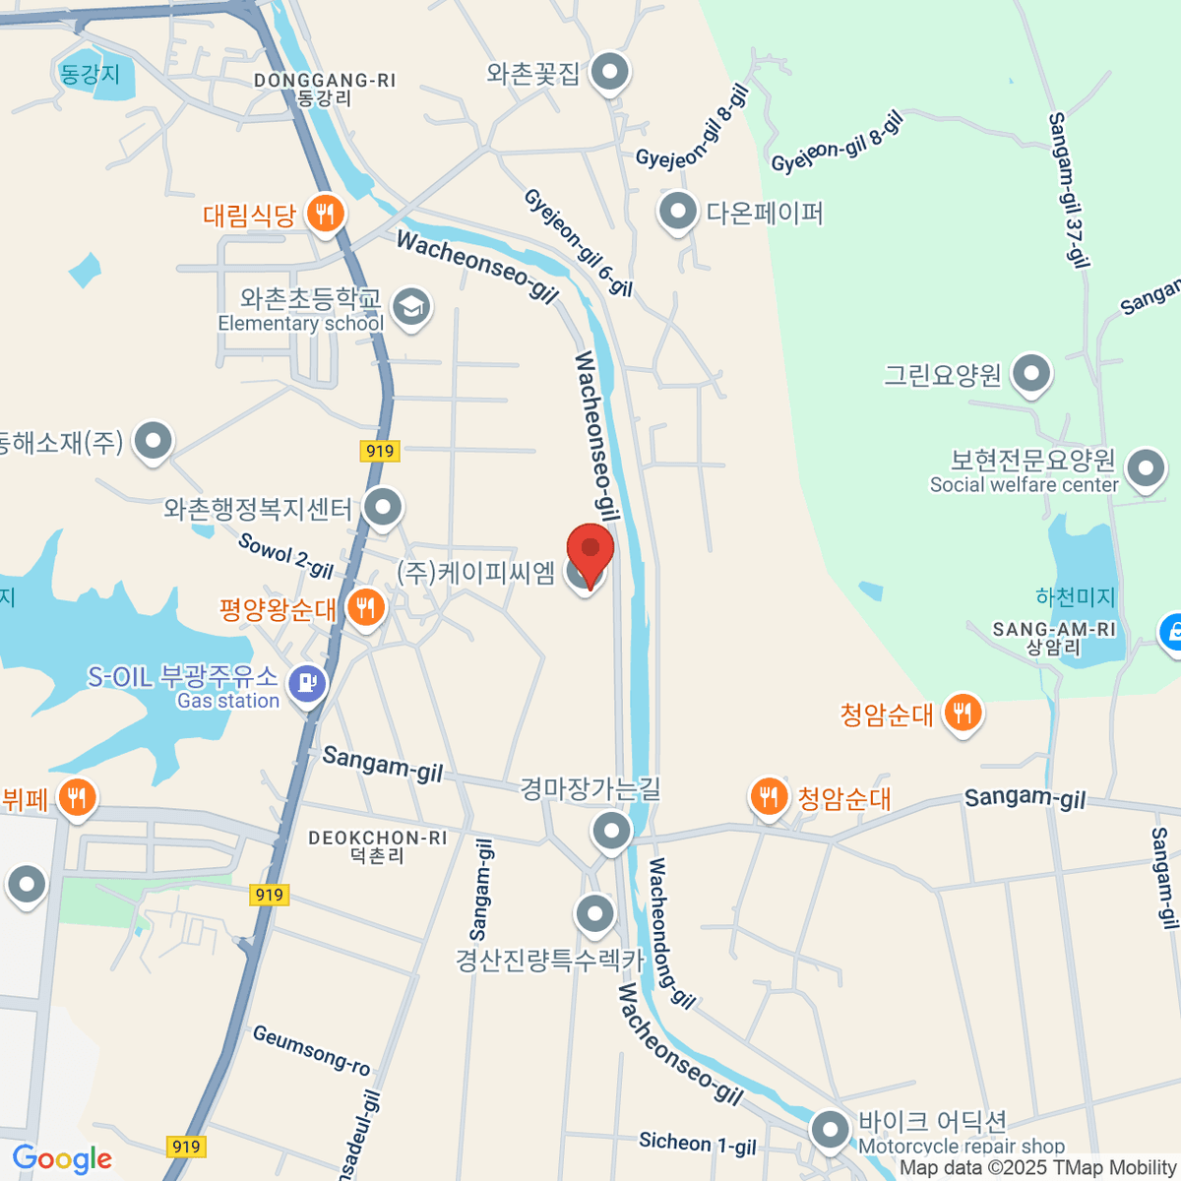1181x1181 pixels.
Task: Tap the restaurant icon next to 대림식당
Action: coord(324,213)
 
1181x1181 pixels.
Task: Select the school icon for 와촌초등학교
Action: coord(410,307)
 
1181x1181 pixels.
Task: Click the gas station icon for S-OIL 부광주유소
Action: coord(307,681)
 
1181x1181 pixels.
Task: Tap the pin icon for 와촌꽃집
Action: coord(610,72)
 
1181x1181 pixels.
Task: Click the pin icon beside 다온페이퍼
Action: coord(677,211)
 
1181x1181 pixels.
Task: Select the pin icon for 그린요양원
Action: coord(1030,374)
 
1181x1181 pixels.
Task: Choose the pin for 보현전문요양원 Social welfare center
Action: coord(1145,469)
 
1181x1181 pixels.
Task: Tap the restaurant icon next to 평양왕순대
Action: coord(365,607)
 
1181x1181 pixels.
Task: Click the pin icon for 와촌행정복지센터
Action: coord(383,508)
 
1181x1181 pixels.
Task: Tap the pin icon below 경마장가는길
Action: coord(611,832)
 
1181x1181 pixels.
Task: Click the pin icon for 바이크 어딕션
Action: coord(830,1129)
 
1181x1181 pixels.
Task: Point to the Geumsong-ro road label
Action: coord(311,1049)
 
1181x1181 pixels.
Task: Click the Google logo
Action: coord(62,1159)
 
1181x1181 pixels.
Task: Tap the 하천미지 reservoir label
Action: coord(1075,596)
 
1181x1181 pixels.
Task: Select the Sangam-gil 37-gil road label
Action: coord(1067,189)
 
